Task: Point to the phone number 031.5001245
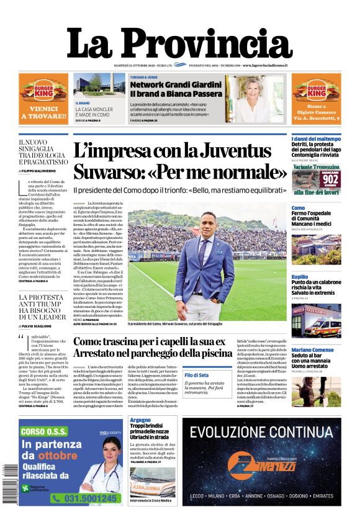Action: [84, 498]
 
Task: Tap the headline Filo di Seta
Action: [197, 374]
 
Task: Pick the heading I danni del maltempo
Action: [316, 139]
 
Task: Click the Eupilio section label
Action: [300, 276]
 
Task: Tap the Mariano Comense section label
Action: [313, 350]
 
